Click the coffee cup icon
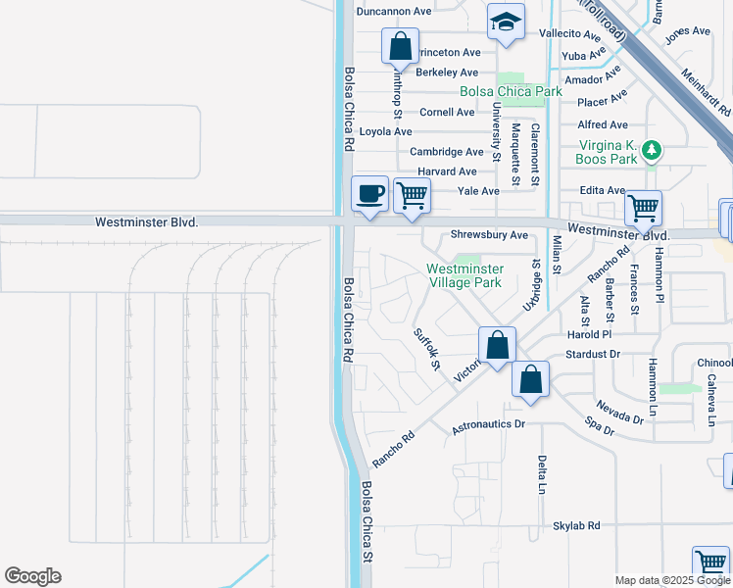(x=369, y=193)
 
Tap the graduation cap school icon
(x=506, y=23)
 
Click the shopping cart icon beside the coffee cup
(x=413, y=195)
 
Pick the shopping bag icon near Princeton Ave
(x=400, y=46)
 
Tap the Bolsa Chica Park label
(x=512, y=91)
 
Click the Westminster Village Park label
(x=465, y=275)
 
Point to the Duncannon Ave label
(x=394, y=12)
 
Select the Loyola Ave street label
(x=385, y=131)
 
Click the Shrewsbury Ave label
(x=489, y=235)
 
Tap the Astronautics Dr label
(x=489, y=426)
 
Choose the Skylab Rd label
(x=576, y=526)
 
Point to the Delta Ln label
(x=541, y=474)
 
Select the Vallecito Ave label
(x=570, y=33)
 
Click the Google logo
(x=32, y=576)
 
